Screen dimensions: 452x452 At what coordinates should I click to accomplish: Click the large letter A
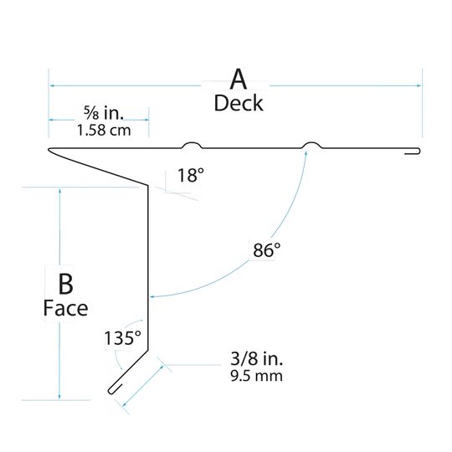[x=239, y=80]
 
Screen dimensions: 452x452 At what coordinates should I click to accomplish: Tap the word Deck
[x=239, y=104]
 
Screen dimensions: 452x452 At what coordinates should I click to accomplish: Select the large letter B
[x=65, y=281]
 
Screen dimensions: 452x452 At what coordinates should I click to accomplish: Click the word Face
[x=65, y=308]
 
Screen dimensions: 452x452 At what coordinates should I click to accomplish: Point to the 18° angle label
[x=191, y=176]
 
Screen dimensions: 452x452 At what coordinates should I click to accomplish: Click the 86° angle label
[x=266, y=249]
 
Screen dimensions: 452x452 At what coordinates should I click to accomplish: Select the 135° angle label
[x=123, y=340]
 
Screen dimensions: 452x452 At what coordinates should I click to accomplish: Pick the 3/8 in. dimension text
[x=259, y=359]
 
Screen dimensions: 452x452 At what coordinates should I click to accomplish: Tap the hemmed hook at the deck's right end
[x=413, y=152]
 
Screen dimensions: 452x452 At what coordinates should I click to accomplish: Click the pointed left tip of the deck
[x=51, y=152]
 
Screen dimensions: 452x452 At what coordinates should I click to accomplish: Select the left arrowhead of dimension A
[x=52, y=85]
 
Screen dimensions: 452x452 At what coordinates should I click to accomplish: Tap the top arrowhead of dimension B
[x=59, y=191]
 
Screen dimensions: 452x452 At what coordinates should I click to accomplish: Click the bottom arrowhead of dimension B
[x=59, y=396]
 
